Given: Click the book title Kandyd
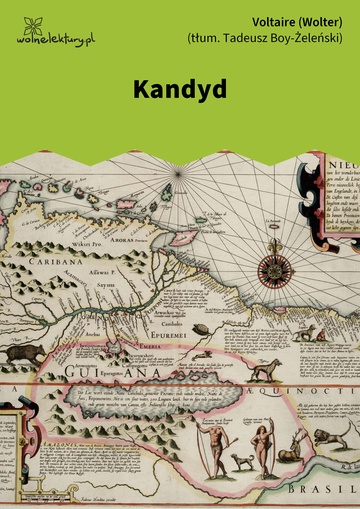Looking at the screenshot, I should [x=179, y=88].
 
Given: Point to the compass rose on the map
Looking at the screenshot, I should [x=272, y=268].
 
